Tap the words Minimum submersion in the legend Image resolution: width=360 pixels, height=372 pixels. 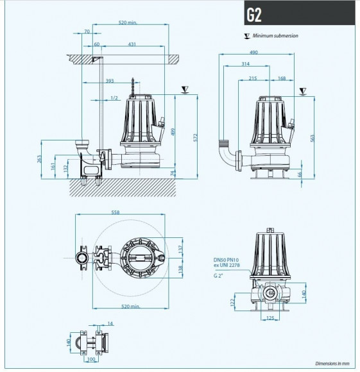coord(275,36)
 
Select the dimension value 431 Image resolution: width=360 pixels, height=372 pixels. coord(132,44)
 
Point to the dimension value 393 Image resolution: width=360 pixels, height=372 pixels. coord(110,81)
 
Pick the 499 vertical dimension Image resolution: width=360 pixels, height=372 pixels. coord(172,131)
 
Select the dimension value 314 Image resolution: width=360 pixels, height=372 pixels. coord(244,65)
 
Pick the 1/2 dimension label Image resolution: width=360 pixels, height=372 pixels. coord(114,97)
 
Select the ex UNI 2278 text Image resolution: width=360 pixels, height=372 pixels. coord(228,266)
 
